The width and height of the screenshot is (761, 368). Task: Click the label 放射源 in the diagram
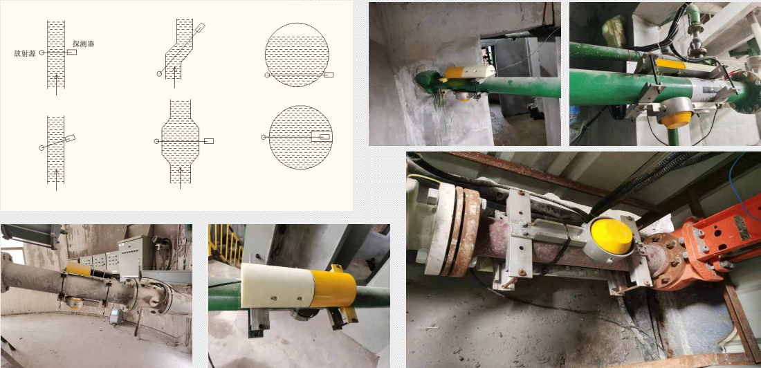(25, 53)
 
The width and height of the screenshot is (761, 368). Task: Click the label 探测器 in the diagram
(83, 43)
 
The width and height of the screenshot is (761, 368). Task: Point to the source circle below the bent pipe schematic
(159, 74)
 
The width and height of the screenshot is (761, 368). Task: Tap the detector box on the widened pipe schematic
(209, 141)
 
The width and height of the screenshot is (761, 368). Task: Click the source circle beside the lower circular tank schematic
(264, 138)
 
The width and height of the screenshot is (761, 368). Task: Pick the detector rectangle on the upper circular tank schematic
(329, 75)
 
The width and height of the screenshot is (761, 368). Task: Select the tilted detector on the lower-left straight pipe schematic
(70, 138)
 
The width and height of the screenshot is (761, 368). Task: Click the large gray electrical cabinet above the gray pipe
(134, 255)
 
